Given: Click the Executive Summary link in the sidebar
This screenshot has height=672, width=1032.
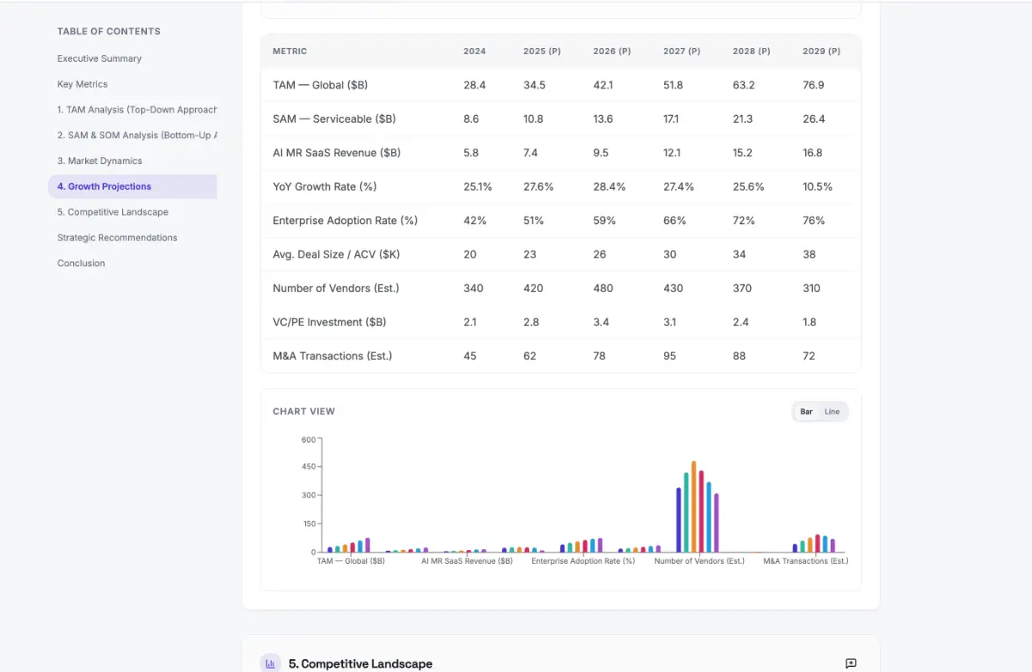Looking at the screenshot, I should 99,58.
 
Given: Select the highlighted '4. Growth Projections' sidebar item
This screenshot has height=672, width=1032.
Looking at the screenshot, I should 104,186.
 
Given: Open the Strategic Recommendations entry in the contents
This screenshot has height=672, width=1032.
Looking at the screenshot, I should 117,237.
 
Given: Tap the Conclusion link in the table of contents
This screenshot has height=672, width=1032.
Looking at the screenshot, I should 81,263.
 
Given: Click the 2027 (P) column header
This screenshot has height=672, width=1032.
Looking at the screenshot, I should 681,52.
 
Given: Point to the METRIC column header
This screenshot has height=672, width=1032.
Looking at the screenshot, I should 290,52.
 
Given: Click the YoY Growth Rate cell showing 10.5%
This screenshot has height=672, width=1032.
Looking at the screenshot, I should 817,186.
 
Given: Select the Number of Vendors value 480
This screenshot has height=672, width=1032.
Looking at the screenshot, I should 603,288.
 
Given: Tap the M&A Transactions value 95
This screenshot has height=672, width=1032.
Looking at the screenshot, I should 669,356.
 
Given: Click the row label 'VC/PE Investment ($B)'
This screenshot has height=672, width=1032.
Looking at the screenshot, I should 329,322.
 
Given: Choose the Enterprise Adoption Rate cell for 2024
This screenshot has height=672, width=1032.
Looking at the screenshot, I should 475,221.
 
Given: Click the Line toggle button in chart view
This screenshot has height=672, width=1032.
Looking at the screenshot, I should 832,412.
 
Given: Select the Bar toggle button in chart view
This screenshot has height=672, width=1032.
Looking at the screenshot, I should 807,412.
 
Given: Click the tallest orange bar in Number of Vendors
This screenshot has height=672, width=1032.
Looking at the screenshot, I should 693,507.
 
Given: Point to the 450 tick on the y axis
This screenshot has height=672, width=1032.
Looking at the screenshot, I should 309,467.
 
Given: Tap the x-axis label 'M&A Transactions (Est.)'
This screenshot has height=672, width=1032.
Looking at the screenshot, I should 805,561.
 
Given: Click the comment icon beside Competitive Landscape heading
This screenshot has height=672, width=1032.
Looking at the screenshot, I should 851,663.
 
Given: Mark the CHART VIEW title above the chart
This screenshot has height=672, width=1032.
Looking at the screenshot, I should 304,412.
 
